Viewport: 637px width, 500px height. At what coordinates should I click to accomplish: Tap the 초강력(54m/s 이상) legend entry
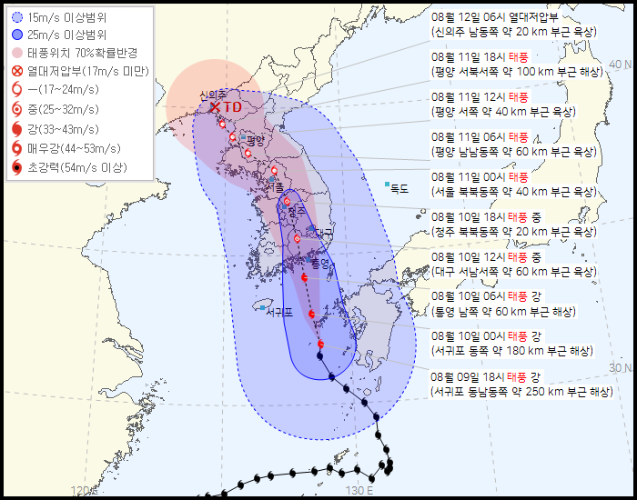(76, 167)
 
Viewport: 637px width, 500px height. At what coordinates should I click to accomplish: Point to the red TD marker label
(233, 107)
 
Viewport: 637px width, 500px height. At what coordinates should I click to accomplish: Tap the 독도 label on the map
(399, 188)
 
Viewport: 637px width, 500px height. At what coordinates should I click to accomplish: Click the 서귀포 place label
(278, 312)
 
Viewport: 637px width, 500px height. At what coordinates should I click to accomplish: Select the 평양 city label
(254, 140)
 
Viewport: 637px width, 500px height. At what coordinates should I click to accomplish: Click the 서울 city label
(275, 188)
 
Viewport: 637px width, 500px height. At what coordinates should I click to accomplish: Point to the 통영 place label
(319, 264)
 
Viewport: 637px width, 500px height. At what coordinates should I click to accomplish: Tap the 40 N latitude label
(621, 64)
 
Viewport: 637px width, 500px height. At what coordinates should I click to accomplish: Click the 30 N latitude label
(621, 367)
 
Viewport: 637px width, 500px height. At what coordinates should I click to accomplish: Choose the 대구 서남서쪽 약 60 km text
(515, 271)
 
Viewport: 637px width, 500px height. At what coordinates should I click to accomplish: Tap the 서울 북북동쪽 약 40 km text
(515, 191)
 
